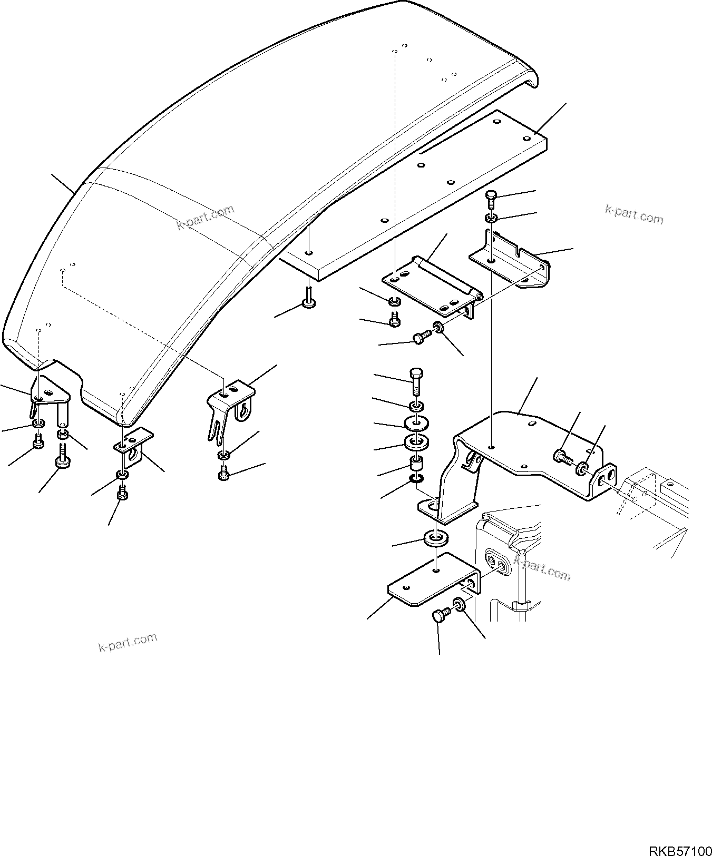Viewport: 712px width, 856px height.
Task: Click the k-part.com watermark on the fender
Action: point(205,218)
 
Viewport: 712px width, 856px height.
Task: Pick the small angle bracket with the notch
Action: point(509,261)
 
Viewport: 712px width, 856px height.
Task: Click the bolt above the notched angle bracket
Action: point(491,200)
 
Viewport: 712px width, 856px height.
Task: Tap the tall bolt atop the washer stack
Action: point(416,380)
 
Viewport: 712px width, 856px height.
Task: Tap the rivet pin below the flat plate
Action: point(308,298)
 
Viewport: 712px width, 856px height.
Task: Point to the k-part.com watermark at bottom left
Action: point(128,642)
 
